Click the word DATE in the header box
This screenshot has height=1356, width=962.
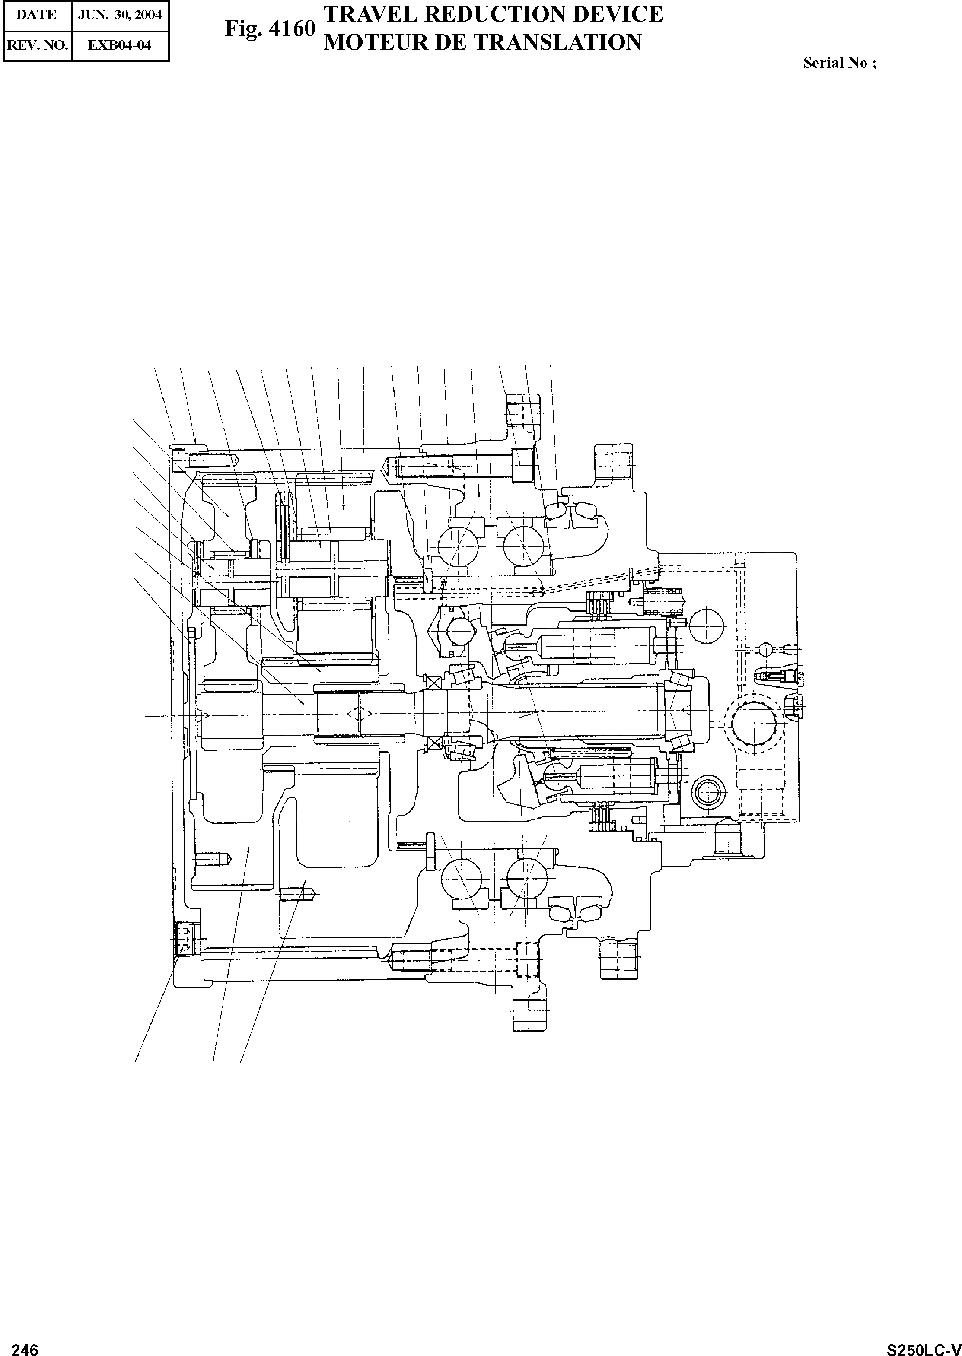37,14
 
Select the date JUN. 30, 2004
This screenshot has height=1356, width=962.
120,14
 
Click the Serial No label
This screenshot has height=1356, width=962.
839,64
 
